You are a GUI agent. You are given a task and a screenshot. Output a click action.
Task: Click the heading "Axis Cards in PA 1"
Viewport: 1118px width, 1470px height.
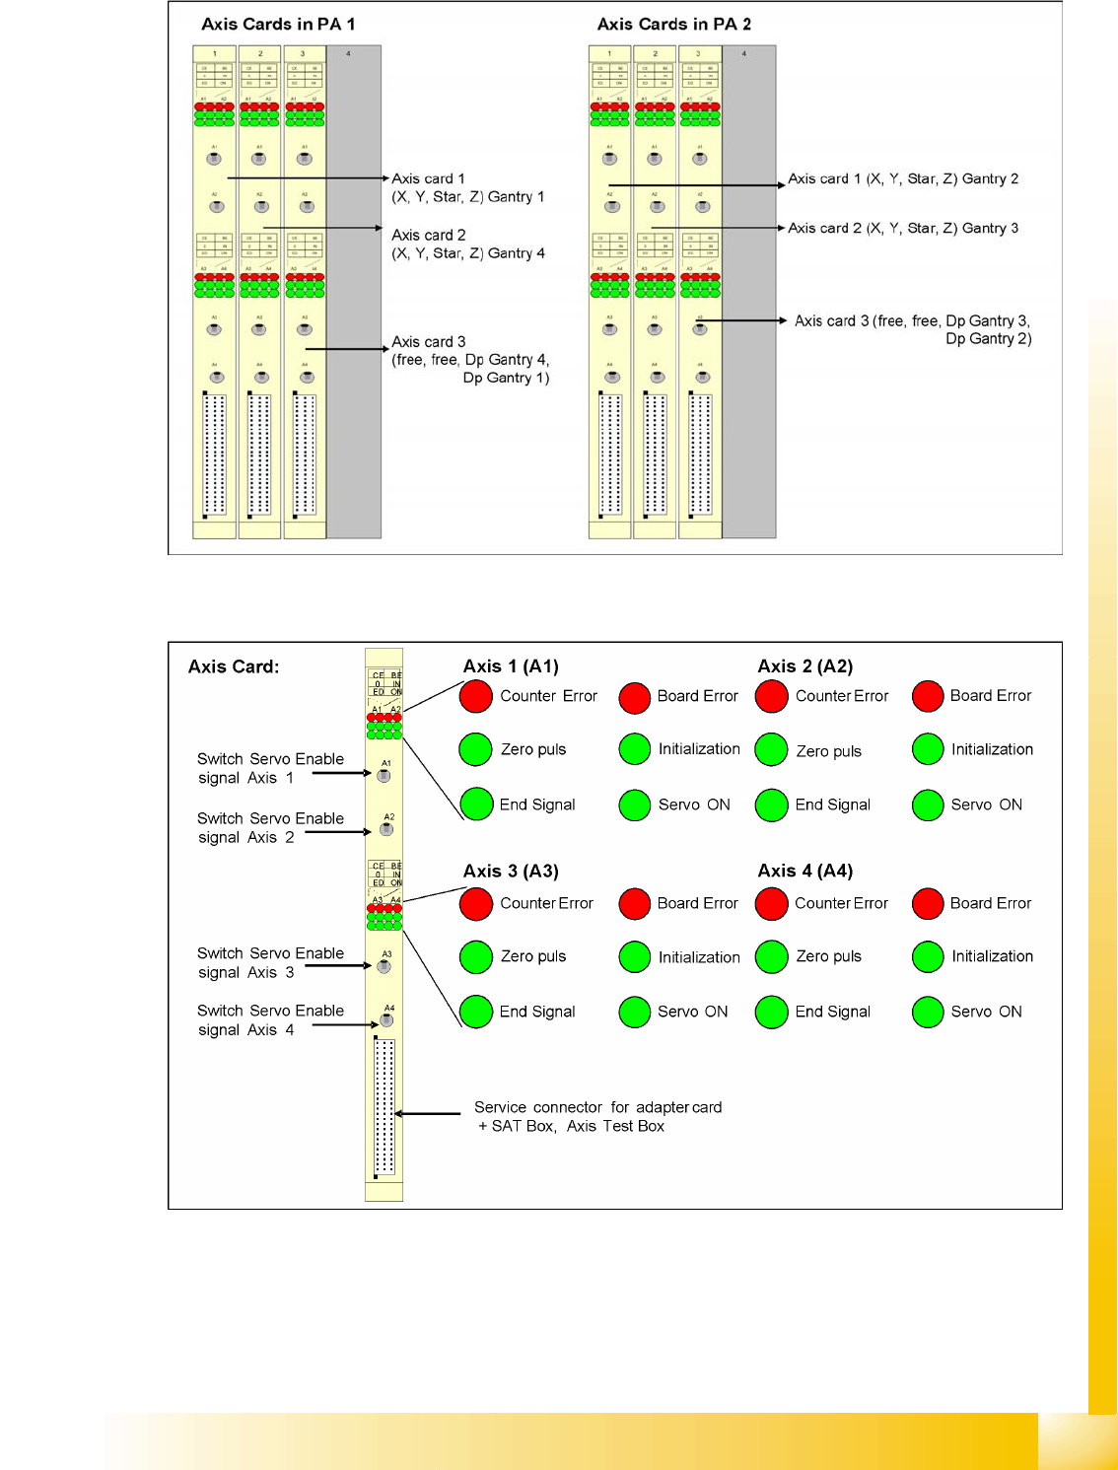[x=278, y=25]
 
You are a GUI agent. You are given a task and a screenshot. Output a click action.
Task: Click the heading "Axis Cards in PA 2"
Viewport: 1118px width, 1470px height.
[x=673, y=25]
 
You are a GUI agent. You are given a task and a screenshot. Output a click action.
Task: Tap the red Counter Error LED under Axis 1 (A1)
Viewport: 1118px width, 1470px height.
[x=476, y=696]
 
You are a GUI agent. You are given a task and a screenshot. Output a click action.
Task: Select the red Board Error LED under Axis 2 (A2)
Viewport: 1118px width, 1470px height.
[x=928, y=696]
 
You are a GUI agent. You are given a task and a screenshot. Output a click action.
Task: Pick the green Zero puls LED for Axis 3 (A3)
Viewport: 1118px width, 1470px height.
[x=476, y=956]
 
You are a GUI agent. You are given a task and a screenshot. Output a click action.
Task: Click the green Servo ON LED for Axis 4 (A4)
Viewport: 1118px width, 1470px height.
[x=928, y=1012]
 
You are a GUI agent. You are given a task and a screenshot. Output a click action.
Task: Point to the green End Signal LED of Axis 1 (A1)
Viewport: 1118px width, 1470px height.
[x=476, y=805]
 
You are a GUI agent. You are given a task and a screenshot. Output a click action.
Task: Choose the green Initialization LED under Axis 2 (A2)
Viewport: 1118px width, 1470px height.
[x=928, y=749]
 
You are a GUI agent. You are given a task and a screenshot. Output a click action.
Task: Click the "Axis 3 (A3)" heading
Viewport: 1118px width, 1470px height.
[x=511, y=872]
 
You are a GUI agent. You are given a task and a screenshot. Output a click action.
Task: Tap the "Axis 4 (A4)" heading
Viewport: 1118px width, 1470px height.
[x=804, y=871]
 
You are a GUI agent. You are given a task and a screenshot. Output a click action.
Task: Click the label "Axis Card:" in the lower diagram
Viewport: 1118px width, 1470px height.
[x=234, y=667]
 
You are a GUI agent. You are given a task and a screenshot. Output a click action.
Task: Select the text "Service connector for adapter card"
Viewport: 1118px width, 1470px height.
[x=597, y=1107]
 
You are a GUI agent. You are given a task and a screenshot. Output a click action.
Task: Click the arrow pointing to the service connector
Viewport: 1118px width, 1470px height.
[x=428, y=1114]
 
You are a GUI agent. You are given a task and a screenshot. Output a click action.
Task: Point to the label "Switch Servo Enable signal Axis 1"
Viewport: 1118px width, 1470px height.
[x=269, y=768]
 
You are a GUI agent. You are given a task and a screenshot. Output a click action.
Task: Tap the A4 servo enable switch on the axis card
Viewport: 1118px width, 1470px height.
[x=386, y=1020]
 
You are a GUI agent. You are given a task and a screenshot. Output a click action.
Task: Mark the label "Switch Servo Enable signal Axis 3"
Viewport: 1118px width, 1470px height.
[x=269, y=962]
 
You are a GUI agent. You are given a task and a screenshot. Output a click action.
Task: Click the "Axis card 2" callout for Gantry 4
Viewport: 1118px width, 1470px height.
[x=467, y=244]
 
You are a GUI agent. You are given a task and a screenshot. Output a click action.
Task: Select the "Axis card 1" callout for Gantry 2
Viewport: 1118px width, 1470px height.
[x=902, y=179]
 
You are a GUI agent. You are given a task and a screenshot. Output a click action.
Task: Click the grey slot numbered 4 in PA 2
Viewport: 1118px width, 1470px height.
[x=748, y=292]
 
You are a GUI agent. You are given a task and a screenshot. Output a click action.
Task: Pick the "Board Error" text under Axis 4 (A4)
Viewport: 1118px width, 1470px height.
[x=990, y=903]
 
